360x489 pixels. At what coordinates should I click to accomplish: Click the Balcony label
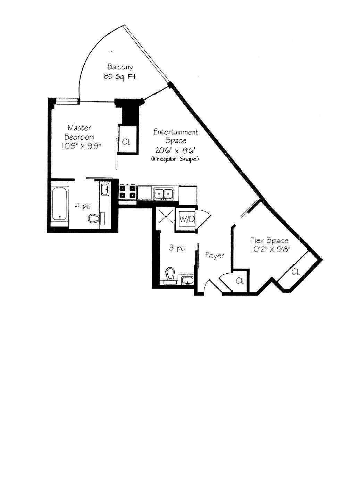pos(120,67)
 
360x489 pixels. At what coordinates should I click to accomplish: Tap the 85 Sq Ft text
pos(120,77)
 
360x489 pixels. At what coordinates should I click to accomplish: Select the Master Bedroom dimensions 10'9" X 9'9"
pos(82,146)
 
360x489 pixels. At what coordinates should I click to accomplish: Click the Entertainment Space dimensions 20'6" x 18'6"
pos(175,150)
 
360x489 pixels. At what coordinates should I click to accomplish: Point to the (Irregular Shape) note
pos(175,159)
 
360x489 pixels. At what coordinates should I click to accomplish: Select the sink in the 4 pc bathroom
pos(105,190)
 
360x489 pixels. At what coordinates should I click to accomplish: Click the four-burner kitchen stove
pos(128,192)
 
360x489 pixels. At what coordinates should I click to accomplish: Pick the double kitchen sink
pos(164,193)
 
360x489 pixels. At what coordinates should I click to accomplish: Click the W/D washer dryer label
pos(187,219)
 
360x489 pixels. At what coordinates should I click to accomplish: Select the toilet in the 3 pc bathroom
pos(170,276)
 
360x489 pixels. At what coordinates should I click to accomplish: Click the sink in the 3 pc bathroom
pos(187,280)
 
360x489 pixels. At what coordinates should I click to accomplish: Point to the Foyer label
pos(215,256)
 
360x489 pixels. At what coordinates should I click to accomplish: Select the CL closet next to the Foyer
pos(240,281)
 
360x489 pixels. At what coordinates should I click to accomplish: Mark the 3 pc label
pos(177,248)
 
